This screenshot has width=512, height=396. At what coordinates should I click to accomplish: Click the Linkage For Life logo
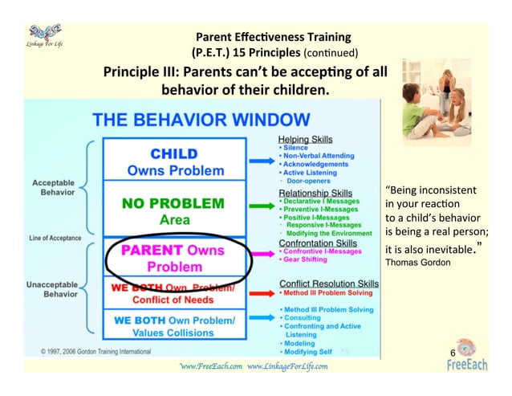click(40, 35)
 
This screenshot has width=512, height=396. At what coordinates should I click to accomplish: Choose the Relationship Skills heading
click(315, 193)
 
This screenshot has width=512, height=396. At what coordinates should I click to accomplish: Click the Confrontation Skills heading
click(319, 243)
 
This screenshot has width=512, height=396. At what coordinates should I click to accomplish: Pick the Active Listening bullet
click(309, 173)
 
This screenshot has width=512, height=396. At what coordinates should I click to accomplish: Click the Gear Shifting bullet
click(304, 259)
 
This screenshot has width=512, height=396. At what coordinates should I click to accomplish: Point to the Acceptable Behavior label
click(55, 187)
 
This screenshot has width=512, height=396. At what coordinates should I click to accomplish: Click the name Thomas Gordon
click(418, 262)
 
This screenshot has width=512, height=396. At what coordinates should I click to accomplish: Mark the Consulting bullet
click(303, 318)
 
